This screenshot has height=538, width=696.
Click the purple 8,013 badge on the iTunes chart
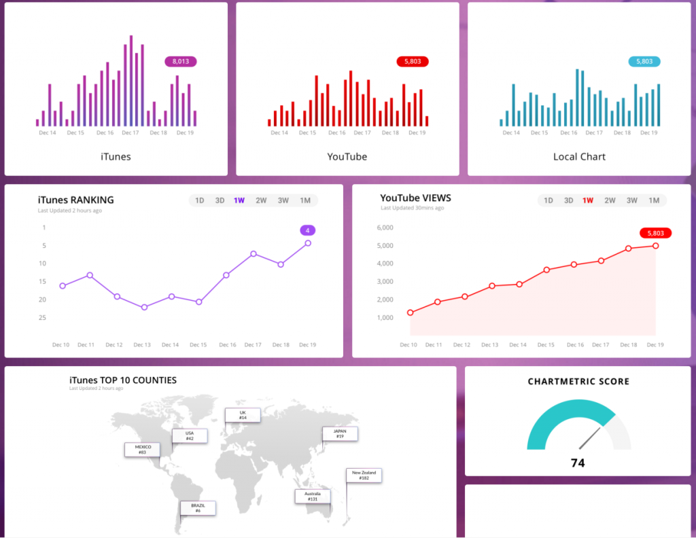coord(180,62)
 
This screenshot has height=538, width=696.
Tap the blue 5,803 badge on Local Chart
coord(644,62)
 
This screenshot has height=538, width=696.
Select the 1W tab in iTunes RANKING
coord(239,200)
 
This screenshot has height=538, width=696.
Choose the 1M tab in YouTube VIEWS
coord(654,200)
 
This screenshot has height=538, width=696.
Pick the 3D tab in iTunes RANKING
coord(220,200)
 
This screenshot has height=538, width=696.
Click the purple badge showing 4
coord(307,230)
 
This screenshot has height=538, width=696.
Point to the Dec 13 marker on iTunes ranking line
coord(144,307)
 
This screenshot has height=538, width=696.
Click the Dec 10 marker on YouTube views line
coord(410,312)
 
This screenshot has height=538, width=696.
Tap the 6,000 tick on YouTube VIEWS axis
coord(385,228)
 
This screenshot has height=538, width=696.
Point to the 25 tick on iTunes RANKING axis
coord(43,317)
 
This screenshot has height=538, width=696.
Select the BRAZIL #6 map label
coord(198,508)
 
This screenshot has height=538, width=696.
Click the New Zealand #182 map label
coord(364,475)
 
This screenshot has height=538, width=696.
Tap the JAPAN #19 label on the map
coord(340,433)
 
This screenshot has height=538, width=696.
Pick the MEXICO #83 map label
coord(142,449)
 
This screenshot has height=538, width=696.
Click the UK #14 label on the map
coord(243,415)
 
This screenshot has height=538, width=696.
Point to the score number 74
coord(578,463)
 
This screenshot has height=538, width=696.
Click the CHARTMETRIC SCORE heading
coord(578,382)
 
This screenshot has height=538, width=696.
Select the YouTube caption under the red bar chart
coord(347,157)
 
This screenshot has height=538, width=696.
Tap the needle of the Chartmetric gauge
coord(589,438)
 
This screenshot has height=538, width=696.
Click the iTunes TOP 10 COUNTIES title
coord(123,380)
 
